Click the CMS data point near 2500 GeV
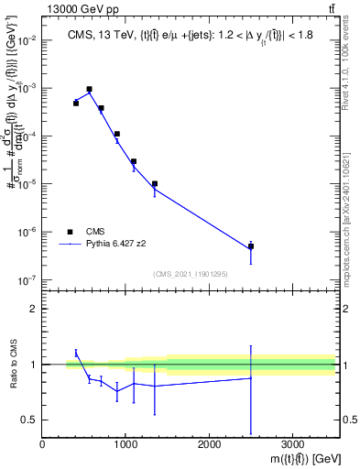point(251,246)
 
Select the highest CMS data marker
point(89,90)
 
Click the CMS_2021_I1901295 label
point(189,273)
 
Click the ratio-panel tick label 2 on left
point(33,309)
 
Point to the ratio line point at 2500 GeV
point(251,377)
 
